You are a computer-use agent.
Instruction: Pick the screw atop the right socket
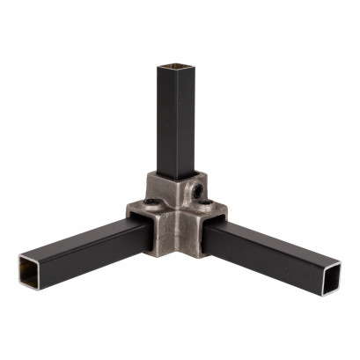tap(204, 208)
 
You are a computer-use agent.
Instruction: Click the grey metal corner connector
tap(176, 220)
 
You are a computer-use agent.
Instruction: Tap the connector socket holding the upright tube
tap(176, 188)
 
